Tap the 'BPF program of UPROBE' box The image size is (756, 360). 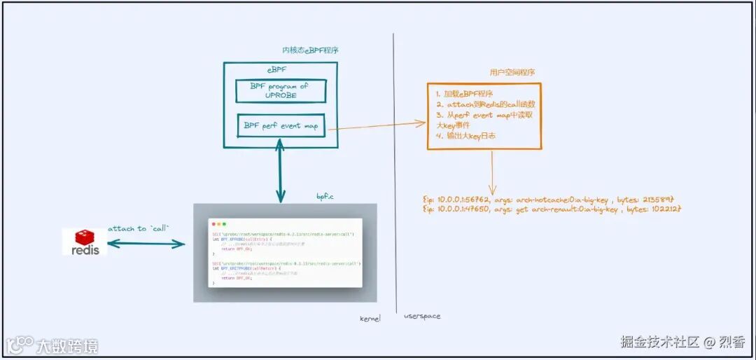pyautogui.click(x=278, y=90)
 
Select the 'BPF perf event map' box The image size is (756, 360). pyautogui.click(x=280, y=127)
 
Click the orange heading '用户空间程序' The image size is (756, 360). pyautogui.click(x=513, y=72)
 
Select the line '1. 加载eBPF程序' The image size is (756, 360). pyautogui.click(x=464, y=94)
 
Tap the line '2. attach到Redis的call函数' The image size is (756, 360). pyautogui.click(x=486, y=104)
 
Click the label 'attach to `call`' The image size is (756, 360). pyautogui.click(x=139, y=229)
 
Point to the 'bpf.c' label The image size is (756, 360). pyautogui.click(x=325, y=198)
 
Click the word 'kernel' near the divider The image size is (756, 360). pyautogui.click(x=370, y=318)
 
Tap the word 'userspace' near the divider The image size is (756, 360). pyautogui.click(x=422, y=317)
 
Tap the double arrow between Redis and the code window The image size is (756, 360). pyautogui.click(x=146, y=244)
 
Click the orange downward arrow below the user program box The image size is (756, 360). pyautogui.click(x=492, y=172)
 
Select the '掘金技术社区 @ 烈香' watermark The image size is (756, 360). pyautogui.click(x=682, y=342)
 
